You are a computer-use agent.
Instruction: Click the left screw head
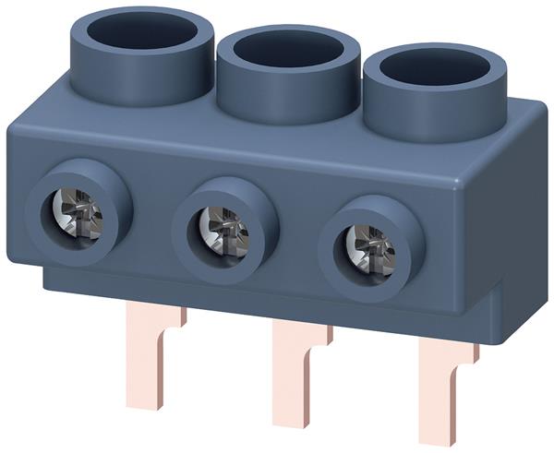(x=77, y=212)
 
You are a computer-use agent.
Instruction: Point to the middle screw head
(x=223, y=231)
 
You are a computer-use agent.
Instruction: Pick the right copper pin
(x=441, y=397)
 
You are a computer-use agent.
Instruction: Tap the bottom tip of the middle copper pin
(x=294, y=425)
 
